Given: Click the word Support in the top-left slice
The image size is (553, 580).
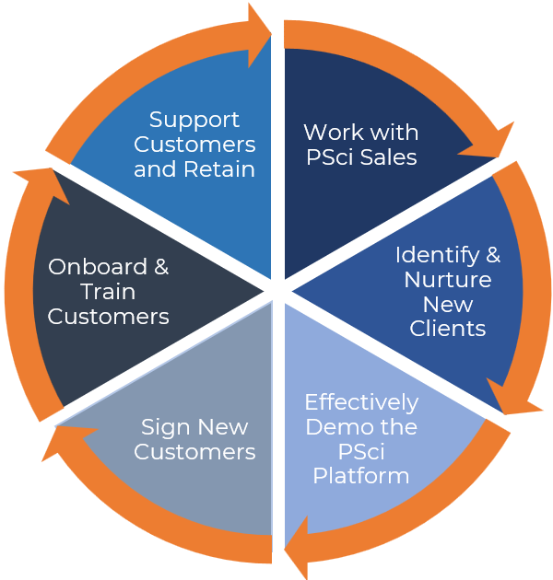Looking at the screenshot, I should [194, 120].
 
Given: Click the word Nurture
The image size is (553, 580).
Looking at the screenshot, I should [448, 280].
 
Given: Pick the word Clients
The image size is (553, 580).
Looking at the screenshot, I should [449, 329].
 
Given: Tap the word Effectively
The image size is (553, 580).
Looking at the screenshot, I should [361, 402].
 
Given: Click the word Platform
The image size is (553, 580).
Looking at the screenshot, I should [361, 476].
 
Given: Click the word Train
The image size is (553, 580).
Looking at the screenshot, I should [108, 292].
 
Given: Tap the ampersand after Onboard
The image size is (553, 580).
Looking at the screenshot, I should [161, 267].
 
